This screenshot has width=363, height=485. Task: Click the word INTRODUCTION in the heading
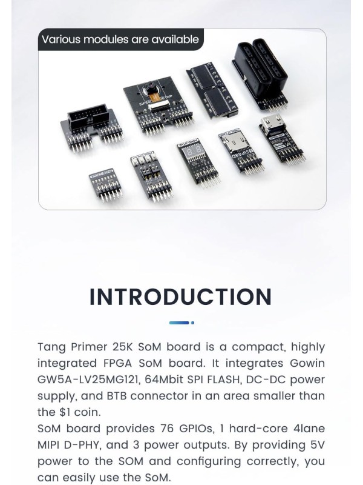(x=180, y=297)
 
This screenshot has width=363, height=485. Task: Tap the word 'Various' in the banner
(x=63, y=40)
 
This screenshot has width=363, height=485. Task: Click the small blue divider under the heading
(x=181, y=323)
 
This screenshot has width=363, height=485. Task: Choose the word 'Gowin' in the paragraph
(x=304, y=363)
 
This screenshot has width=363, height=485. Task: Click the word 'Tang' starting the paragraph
(x=51, y=347)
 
